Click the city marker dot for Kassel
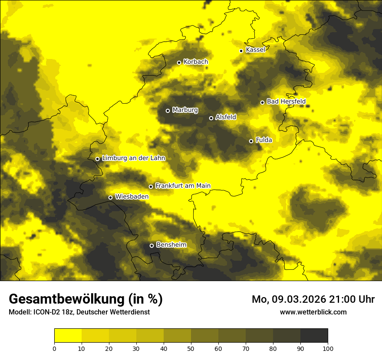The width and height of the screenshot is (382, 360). [x=241, y=51]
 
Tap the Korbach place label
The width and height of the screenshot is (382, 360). [x=196, y=62]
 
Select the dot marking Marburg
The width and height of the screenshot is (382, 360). [x=168, y=111]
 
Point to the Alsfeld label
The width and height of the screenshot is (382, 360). [x=226, y=117]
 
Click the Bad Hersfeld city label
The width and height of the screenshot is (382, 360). [x=286, y=101]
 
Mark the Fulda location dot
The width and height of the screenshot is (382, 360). [x=251, y=141]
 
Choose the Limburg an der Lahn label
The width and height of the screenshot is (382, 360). [x=134, y=158]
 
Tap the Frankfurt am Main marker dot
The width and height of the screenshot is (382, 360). [x=151, y=187]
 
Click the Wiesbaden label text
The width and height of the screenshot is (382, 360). [x=132, y=196]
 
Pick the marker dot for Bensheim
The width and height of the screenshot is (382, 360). [x=151, y=245]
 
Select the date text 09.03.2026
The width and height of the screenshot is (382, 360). [x=300, y=299]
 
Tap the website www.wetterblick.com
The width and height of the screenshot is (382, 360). [x=313, y=312]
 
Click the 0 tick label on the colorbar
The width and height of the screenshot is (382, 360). [x=54, y=348]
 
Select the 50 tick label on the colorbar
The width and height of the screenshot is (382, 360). [x=191, y=348]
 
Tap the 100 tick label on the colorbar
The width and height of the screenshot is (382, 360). [x=328, y=348]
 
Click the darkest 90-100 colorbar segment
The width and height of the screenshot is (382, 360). [x=314, y=336]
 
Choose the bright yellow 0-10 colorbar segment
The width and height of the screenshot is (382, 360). [x=68, y=336]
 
